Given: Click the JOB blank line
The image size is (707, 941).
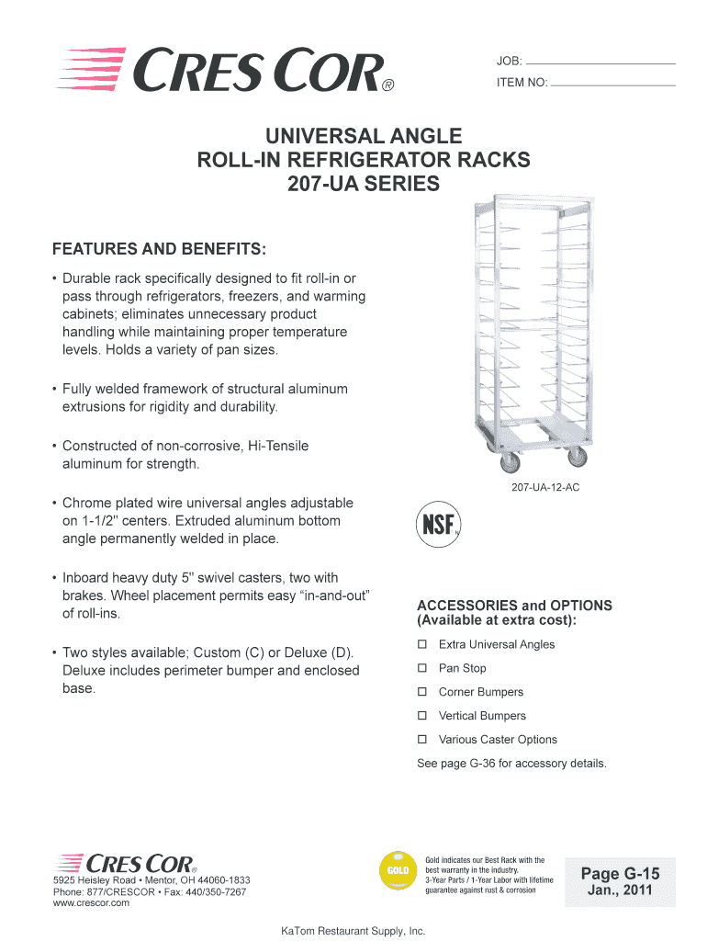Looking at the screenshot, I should [x=600, y=62].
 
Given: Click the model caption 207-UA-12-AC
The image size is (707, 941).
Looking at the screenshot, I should [x=545, y=488].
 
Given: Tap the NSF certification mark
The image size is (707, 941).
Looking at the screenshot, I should [x=439, y=523].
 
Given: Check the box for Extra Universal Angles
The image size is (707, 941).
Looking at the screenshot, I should [x=422, y=644].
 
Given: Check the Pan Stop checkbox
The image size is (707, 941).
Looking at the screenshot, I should [x=422, y=668].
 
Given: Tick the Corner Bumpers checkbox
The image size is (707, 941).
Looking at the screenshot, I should [x=422, y=692].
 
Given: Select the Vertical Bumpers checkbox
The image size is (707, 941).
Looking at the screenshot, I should [x=422, y=716].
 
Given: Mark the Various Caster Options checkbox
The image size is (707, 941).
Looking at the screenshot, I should [x=422, y=739].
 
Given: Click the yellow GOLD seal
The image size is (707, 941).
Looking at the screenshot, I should [x=397, y=869].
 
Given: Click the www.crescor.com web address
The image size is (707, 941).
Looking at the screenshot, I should [x=91, y=903].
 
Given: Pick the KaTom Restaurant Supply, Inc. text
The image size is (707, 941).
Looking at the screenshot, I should [x=353, y=931].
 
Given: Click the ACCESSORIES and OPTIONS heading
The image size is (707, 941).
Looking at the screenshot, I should [x=514, y=613].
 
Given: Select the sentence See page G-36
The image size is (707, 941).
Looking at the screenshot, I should [x=511, y=764].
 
